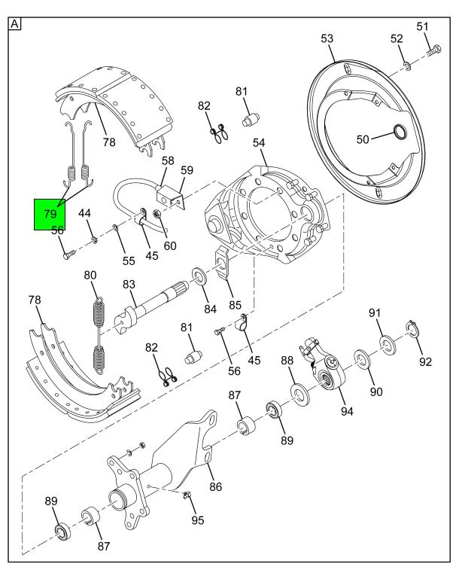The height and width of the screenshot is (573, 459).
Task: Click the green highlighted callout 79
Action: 49,214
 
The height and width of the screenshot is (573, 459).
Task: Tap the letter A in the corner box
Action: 14,23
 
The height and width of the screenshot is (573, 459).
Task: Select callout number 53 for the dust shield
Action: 327,38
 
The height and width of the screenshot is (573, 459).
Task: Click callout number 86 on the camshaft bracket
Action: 216,486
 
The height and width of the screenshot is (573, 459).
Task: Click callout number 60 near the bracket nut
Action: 170,245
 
